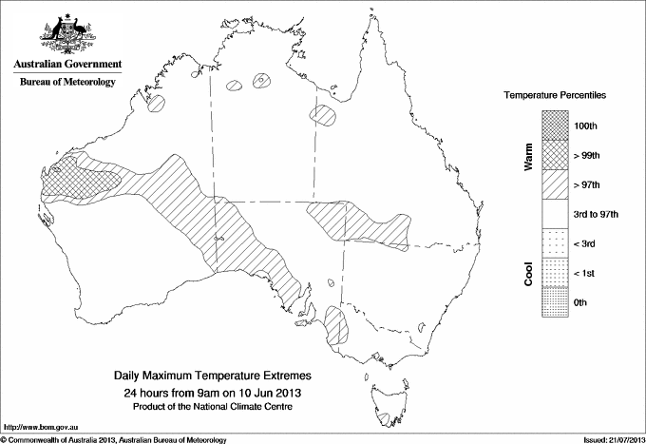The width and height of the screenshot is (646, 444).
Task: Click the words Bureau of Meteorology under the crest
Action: [x=66, y=83]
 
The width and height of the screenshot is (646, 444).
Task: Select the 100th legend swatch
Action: [x=556, y=124]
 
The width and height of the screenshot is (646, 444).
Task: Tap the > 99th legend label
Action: [x=590, y=153]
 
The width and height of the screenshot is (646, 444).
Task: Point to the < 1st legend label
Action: [x=586, y=273]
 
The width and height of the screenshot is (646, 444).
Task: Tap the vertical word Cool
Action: [x=528, y=272]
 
